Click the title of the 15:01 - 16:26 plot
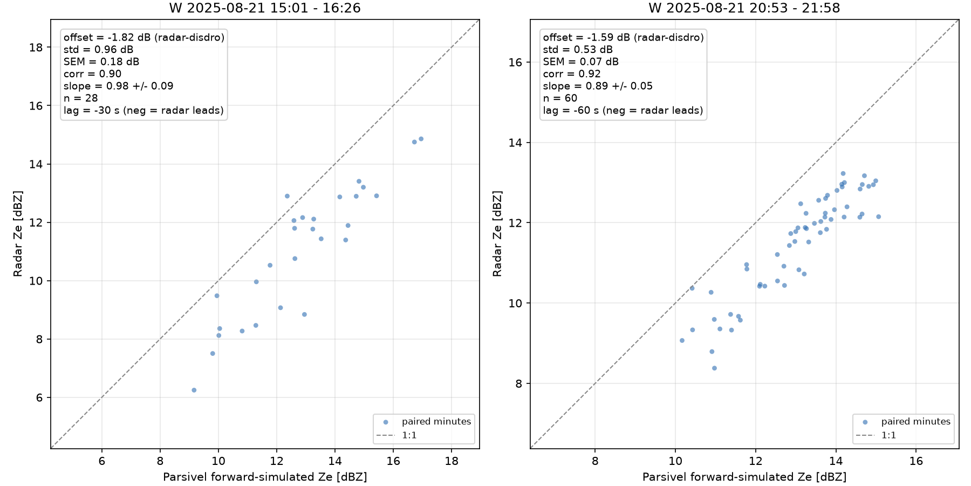[x=265, y=8]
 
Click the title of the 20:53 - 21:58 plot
[x=744, y=8]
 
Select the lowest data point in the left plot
[x=194, y=390]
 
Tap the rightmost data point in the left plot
[x=421, y=139]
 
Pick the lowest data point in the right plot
[x=714, y=368]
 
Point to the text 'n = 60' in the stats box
[x=560, y=98]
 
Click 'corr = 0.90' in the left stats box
[x=92, y=74]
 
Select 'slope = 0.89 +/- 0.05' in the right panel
[x=598, y=86]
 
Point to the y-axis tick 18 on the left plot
[x=36, y=48]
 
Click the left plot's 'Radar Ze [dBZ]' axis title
[x=18, y=233]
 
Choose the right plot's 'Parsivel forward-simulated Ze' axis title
[x=744, y=477]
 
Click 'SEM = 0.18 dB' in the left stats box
[x=101, y=62]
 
